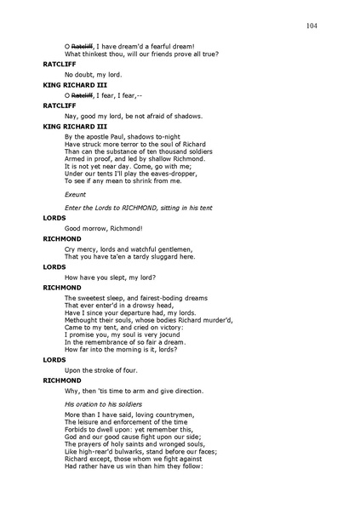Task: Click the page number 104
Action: point(311,26)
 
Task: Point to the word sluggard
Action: point(167,256)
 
